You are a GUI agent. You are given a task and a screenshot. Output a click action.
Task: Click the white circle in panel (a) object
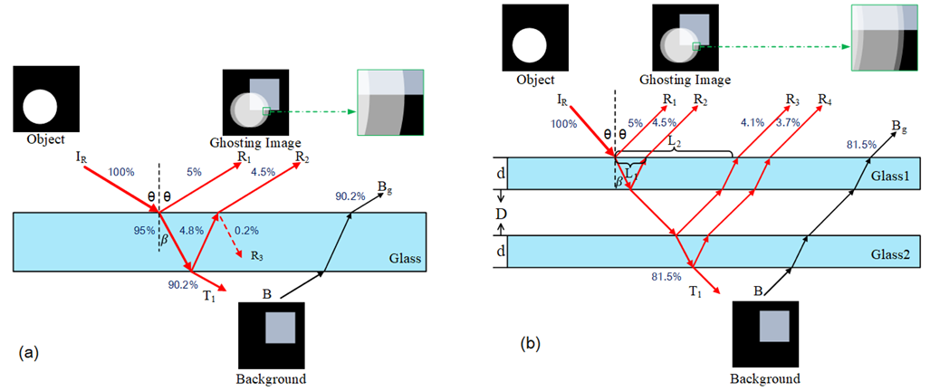[x=39, y=108]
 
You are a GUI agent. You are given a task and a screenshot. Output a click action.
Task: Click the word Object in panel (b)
[x=535, y=80]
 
